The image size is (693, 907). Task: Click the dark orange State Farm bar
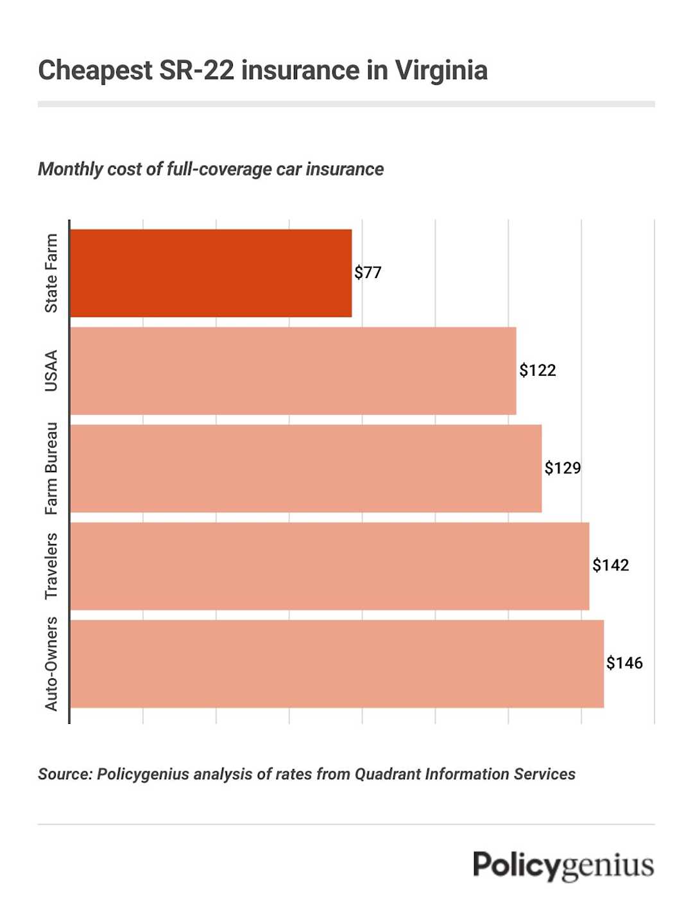tap(210, 273)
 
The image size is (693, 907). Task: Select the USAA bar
tap(293, 371)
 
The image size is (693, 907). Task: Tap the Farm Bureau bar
tap(305, 468)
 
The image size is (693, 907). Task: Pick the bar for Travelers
tap(329, 566)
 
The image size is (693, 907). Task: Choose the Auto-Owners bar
tap(336, 664)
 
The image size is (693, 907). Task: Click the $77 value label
tap(368, 272)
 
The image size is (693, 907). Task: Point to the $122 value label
tap(538, 370)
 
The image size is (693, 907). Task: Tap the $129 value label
tap(563, 468)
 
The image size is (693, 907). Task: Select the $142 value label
tap(610, 565)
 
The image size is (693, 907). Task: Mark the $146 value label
tap(624, 663)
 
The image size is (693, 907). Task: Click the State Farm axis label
tap(51, 273)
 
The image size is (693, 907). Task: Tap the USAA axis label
tap(51, 371)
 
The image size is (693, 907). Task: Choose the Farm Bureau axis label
tap(51, 468)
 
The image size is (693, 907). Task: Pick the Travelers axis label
tap(51, 566)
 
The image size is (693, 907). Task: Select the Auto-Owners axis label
tap(51, 664)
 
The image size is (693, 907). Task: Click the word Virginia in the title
tap(441, 70)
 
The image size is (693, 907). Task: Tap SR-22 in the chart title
tap(196, 70)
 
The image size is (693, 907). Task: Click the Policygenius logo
tap(563, 866)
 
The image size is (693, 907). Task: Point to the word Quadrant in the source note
tap(388, 774)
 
